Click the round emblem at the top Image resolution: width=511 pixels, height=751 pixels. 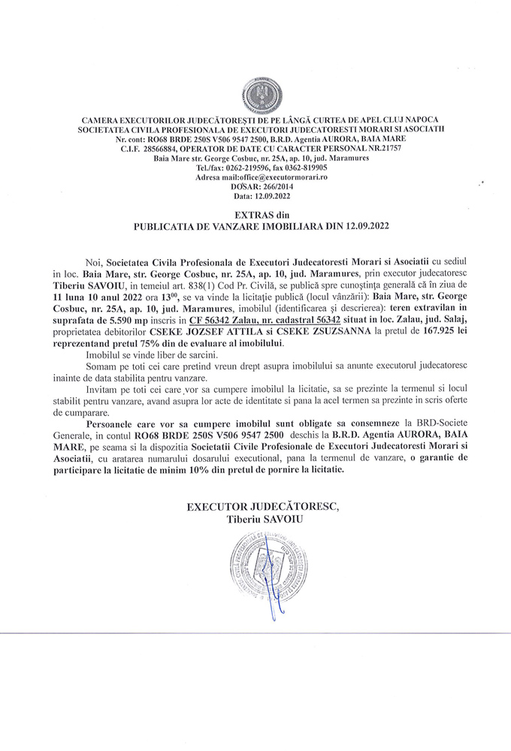click(x=256, y=95)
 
